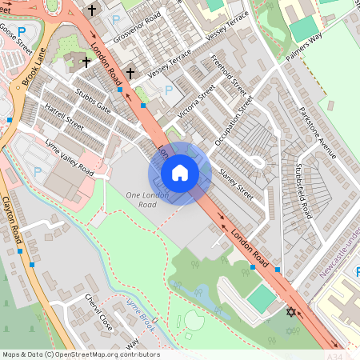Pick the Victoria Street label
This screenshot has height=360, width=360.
pyautogui.click(x=196, y=107)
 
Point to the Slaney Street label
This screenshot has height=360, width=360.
pyautogui.click(x=235, y=183)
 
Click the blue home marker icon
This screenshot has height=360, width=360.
pyautogui.click(x=179, y=173)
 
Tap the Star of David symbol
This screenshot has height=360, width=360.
pyautogui.click(x=290, y=310)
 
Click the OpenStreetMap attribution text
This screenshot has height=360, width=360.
pyautogui.click(x=81, y=354)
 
